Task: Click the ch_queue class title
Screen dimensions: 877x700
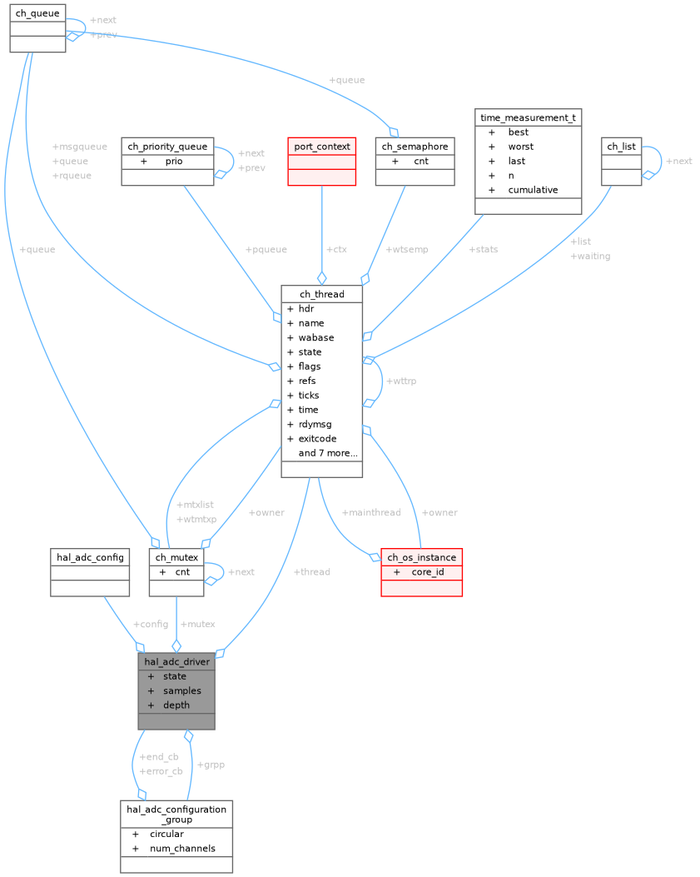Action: (x=37, y=13)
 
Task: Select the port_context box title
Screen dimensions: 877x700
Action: (x=321, y=146)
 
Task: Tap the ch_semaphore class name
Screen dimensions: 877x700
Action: (x=415, y=146)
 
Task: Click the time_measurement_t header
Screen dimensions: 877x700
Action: (x=528, y=117)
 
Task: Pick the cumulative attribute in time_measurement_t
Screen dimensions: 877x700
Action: (x=533, y=189)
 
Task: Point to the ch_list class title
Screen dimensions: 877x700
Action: (x=621, y=146)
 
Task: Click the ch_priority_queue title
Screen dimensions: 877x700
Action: (x=168, y=146)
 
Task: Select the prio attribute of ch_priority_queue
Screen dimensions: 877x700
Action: (x=173, y=161)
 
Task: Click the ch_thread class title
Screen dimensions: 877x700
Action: (x=321, y=294)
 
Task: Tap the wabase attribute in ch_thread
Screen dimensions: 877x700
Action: (x=316, y=337)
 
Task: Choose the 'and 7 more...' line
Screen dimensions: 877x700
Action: (x=328, y=453)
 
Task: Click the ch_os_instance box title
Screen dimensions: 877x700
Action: (x=421, y=557)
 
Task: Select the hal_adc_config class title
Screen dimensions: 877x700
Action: (x=90, y=556)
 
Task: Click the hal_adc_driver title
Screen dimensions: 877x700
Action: (x=176, y=661)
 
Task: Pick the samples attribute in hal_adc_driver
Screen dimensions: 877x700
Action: (x=181, y=690)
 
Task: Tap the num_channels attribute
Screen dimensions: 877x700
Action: (x=182, y=848)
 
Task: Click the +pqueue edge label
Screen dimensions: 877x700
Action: (x=266, y=250)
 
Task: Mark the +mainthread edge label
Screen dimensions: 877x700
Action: (x=371, y=512)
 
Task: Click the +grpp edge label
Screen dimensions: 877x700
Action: (x=211, y=764)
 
